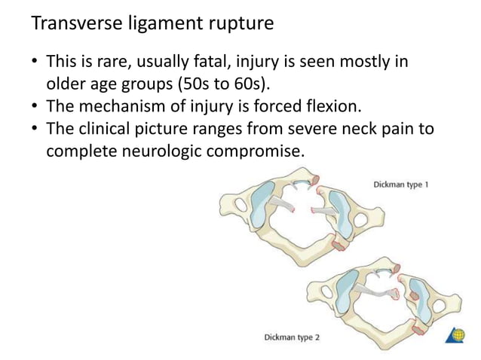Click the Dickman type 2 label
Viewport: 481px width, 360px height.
(x=292, y=337)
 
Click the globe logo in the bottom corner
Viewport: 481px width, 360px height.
(x=459, y=336)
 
